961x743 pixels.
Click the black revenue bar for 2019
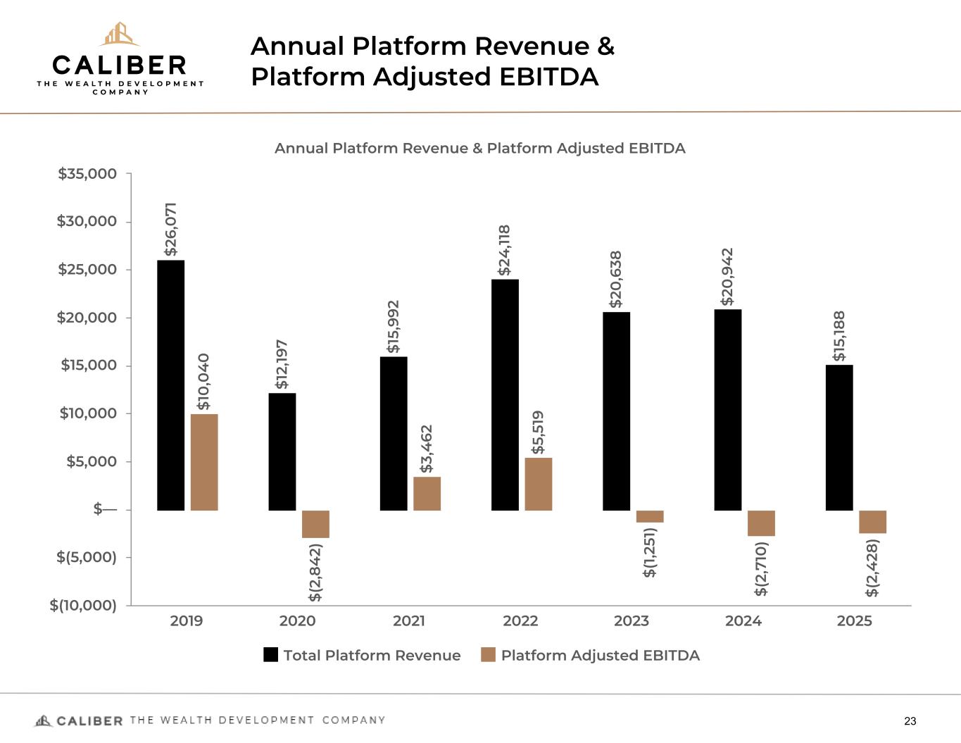point(170,385)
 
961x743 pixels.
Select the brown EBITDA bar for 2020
point(315,524)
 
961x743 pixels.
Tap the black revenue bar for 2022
point(505,394)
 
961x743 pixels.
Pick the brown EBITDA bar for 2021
point(427,494)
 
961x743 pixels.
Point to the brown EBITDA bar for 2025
point(872,522)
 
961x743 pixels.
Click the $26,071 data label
point(170,229)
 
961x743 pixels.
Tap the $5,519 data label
point(539,432)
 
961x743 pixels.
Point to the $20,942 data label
point(727,276)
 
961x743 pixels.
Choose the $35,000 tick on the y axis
point(87,173)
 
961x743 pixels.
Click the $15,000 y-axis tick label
point(87,366)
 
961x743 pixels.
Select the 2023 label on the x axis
point(632,621)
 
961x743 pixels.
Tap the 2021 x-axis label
point(408,621)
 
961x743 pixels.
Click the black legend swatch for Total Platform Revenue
point(271,655)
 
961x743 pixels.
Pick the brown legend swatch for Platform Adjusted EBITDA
point(489,655)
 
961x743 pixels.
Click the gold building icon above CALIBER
point(119,34)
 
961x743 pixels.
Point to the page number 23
point(910,721)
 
